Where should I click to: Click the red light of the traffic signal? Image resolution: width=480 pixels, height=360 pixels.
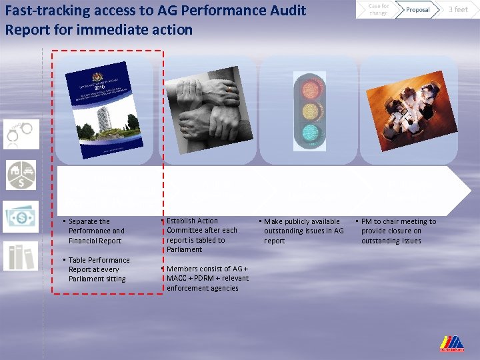pos(311,88)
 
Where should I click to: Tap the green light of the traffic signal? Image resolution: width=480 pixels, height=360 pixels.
pos(311,132)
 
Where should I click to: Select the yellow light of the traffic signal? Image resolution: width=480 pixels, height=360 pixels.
pos(311,110)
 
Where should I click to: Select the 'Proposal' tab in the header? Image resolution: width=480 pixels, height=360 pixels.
pos(418,9)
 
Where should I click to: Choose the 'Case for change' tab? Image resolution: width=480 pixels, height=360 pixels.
pos(378,9)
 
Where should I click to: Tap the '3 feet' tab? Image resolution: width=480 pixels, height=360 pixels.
pos(458,9)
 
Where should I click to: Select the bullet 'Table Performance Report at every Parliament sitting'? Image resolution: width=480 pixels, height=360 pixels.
pos(98,269)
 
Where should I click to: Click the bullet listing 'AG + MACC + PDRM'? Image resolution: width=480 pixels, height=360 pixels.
pos(207,278)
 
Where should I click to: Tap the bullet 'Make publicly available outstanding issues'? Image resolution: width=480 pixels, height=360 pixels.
pos(303,231)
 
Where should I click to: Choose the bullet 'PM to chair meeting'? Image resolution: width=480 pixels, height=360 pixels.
pos(397,231)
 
